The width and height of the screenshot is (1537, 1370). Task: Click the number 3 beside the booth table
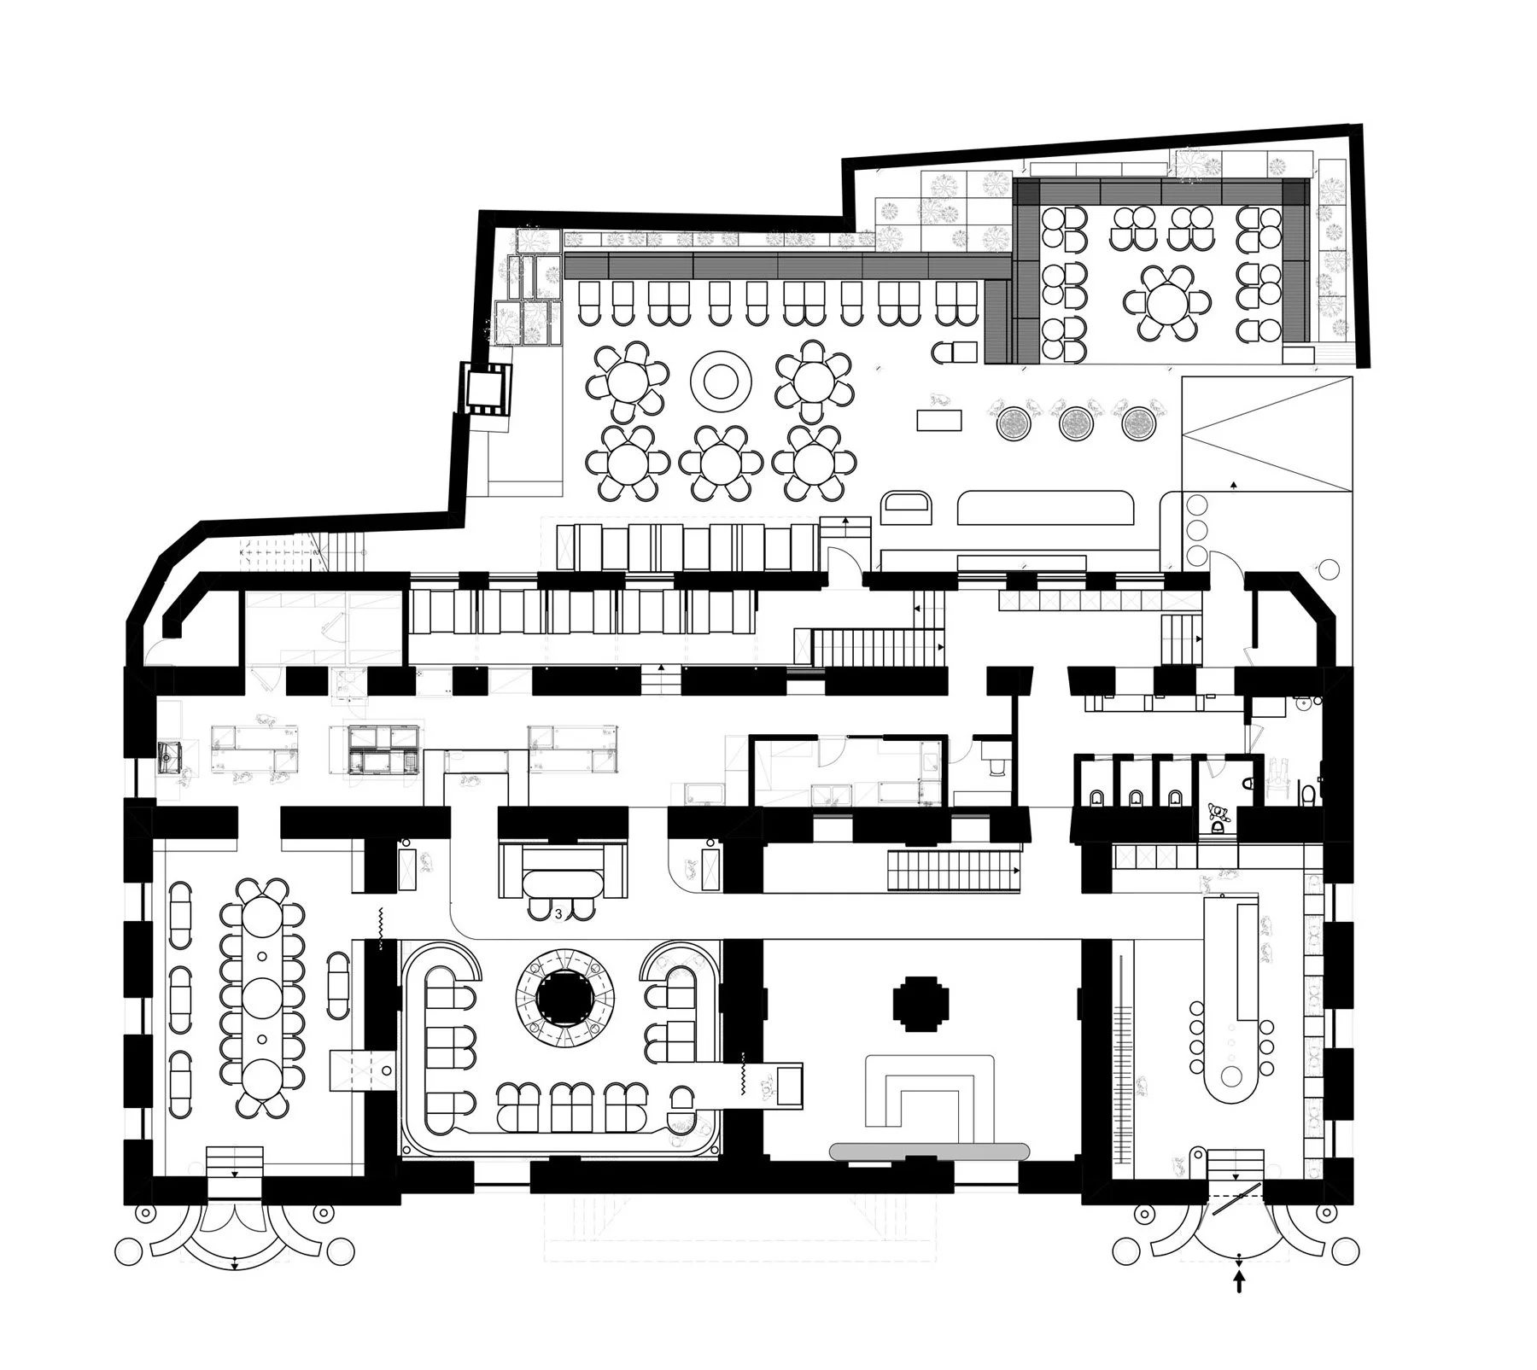(558, 914)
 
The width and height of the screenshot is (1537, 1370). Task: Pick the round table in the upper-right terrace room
(1167, 304)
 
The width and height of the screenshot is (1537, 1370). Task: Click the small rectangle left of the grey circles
(939, 419)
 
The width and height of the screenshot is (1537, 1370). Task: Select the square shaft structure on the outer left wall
(486, 387)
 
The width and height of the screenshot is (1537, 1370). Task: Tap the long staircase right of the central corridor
(952, 871)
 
